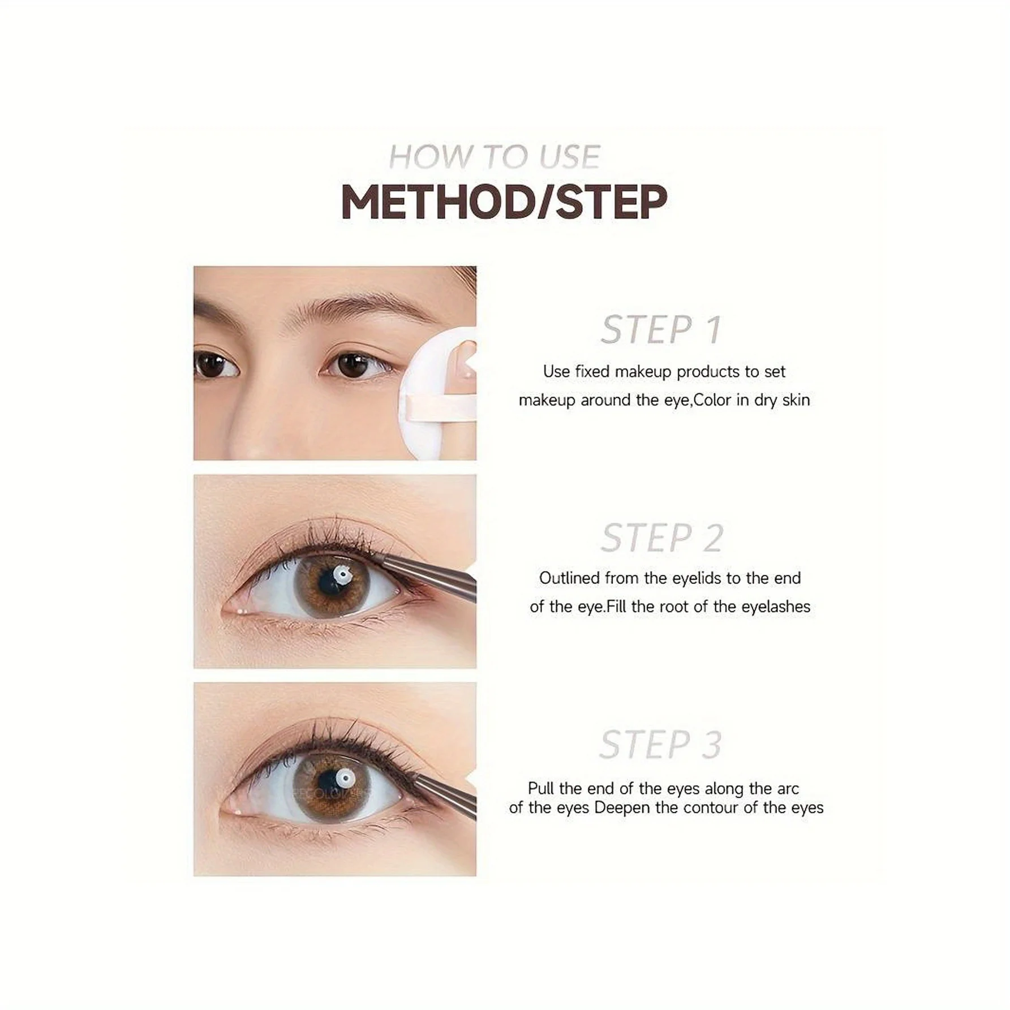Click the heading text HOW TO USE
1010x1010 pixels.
pyautogui.click(x=494, y=157)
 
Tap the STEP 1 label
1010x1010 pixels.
pyautogui.click(x=660, y=329)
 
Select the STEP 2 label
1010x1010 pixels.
pyautogui.click(x=661, y=538)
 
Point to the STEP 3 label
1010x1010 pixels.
pyautogui.click(x=660, y=745)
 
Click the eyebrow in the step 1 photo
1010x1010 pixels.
pyautogui.click(x=362, y=308)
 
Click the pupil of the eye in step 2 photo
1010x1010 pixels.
pyautogui.click(x=331, y=583)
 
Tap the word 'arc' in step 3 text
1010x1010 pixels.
pyautogui.click(x=788, y=788)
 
